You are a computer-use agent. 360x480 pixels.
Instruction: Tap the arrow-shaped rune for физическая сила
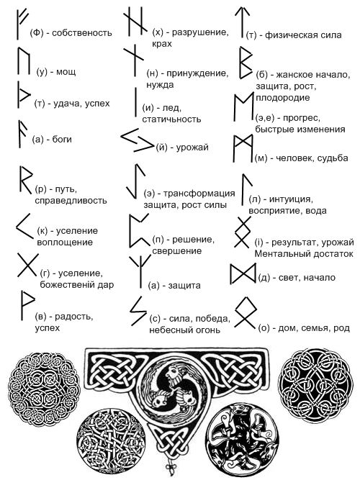point(242,23)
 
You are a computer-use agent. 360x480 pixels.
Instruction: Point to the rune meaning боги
point(20,134)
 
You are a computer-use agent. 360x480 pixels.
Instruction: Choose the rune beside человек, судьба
point(243,148)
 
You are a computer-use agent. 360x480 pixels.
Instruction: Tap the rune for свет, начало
point(243,273)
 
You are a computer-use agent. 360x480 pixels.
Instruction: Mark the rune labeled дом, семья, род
point(246,313)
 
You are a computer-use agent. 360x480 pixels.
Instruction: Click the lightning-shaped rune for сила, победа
point(138,310)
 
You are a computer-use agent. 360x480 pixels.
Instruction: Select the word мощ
point(66,72)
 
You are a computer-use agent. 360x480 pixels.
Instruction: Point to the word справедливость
point(71,201)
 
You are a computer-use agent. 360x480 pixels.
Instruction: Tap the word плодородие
point(283,98)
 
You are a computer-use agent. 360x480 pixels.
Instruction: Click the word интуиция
point(291,199)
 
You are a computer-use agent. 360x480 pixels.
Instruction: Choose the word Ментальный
point(278,254)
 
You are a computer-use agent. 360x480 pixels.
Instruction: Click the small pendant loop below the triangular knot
point(169,468)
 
